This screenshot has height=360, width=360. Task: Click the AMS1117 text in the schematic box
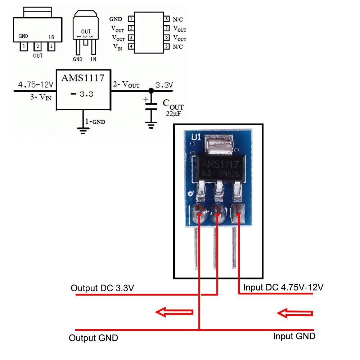(82, 78)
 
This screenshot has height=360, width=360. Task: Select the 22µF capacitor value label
(174, 113)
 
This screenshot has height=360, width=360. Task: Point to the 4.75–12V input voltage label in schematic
(36, 85)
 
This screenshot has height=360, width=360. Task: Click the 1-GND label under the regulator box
(95, 122)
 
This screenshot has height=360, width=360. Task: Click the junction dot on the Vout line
(151, 91)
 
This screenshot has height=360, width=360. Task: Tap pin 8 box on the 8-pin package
(167, 19)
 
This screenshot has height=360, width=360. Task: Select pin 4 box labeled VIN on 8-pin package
(132, 46)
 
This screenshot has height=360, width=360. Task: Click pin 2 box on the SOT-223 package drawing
(37, 46)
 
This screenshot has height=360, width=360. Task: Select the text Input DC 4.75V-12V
(283, 288)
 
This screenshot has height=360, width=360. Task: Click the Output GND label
(93, 338)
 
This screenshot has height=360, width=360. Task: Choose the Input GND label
(294, 336)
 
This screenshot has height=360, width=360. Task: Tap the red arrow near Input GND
(294, 314)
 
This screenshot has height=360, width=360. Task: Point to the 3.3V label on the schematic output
(164, 85)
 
